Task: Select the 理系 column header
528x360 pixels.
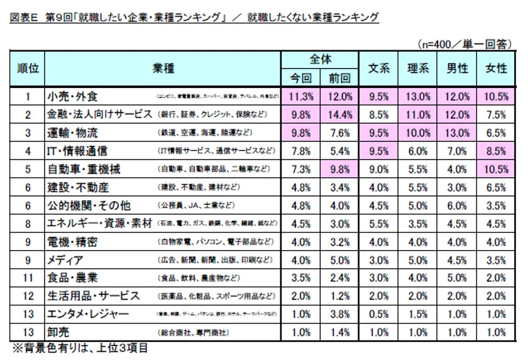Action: pyautogui.click(x=418, y=68)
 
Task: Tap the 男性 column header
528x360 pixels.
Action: pyautogui.click(x=457, y=68)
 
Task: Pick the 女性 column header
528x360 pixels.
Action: pyautogui.click(x=496, y=68)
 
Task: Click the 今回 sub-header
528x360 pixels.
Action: pyautogui.click(x=300, y=78)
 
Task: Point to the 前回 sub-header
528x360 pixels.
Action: pyautogui.click(x=339, y=78)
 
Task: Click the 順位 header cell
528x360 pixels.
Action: pyautogui.click(x=28, y=68)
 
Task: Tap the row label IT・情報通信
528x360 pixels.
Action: pyautogui.click(x=77, y=151)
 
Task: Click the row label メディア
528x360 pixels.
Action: pyautogui.click(x=66, y=259)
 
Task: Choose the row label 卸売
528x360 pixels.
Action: pyautogui.click(x=57, y=332)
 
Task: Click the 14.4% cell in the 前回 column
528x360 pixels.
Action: pyautogui.click(x=339, y=114)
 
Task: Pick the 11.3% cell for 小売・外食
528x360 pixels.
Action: pyautogui.click(x=300, y=96)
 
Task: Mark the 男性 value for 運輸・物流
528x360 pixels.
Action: pyautogui.click(x=457, y=133)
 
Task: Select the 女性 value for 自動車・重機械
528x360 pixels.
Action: pyautogui.click(x=496, y=169)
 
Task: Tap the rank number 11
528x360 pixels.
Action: pyautogui.click(x=28, y=278)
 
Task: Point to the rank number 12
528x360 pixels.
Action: pyautogui.click(x=28, y=296)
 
